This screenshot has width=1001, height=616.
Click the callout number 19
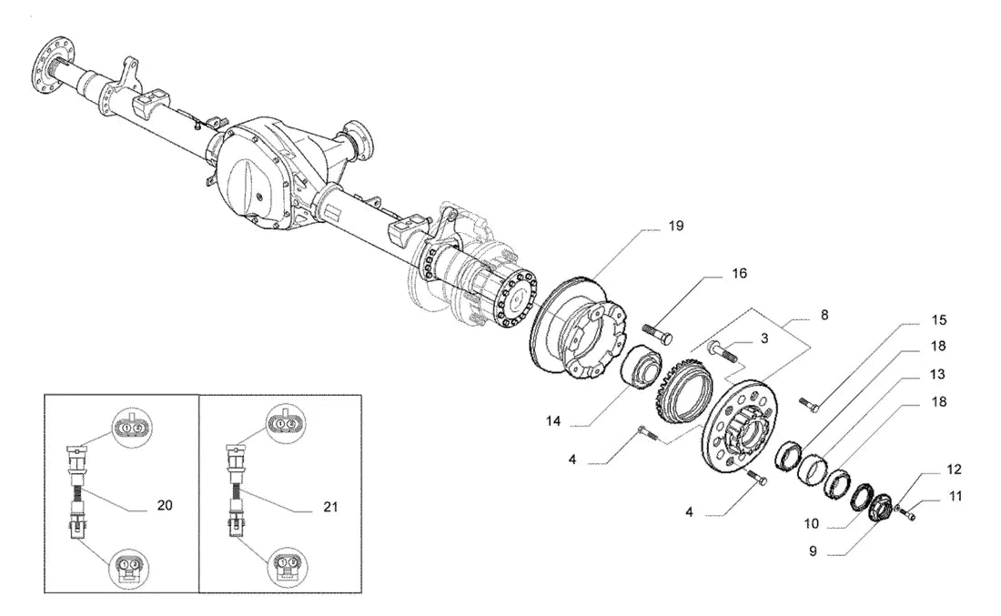click(x=675, y=226)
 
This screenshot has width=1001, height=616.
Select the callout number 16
click(x=739, y=274)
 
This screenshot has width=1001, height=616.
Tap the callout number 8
click(x=824, y=316)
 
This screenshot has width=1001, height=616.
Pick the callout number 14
click(x=553, y=421)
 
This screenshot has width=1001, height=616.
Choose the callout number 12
click(x=954, y=470)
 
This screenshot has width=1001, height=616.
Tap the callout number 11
click(x=955, y=497)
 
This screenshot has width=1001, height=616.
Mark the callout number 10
click(x=811, y=524)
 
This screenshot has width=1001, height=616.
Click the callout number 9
click(x=813, y=550)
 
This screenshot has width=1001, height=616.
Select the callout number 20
click(x=165, y=506)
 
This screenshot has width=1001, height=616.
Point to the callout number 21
click(x=330, y=508)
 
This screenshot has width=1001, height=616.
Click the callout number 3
click(x=764, y=338)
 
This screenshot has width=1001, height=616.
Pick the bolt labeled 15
click(x=809, y=403)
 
